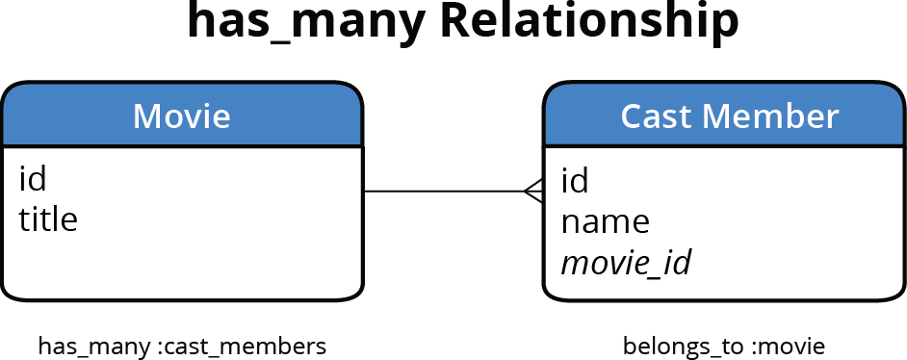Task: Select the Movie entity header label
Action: pos(181,116)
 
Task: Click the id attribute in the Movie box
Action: pos(33,178)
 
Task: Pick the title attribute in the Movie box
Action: pos(48,219)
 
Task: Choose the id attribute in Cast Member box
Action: pos(575,180)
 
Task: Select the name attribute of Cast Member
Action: pos(606,222)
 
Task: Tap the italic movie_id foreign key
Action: pos(626,263)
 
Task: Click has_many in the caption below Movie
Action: pos(94,346)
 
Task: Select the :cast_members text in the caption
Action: pos(242,346)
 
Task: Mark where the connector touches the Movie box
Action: pos(364,192)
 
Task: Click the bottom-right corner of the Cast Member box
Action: pos(898,293)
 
